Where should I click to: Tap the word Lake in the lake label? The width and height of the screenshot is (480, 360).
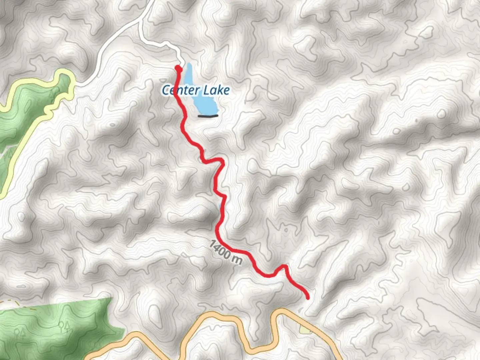coord(217,90)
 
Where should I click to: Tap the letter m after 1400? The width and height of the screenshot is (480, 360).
coord(236,259)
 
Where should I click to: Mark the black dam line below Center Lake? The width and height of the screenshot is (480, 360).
coord(208,116)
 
